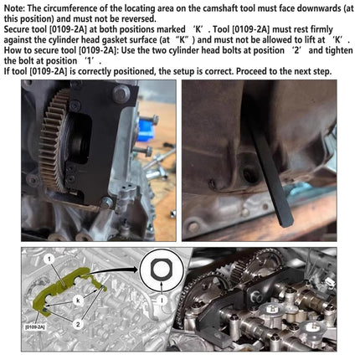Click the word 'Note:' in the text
tap(15, 8)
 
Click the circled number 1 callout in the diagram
tap(49, 259)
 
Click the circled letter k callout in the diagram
tap(78, 301)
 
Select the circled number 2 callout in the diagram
tap(78, 324)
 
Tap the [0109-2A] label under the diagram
tap(35, 327)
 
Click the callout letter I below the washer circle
tap(162, 300)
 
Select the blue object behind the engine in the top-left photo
tap(145, 129)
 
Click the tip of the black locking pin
tap(286, 222)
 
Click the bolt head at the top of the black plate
tap(121, 94)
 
